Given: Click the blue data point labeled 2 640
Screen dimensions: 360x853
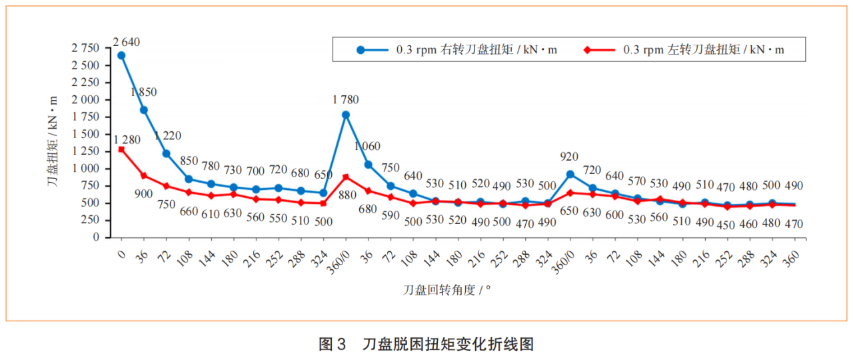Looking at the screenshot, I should tap(121, 55).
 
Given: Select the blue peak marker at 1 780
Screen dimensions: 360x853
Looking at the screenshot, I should tap(345, 115).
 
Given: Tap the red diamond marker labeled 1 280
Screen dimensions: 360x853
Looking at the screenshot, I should tap(121, 149).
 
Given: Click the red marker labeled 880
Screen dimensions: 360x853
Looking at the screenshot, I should tap(345, 177).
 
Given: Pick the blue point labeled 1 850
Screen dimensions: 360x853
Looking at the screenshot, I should tap(143, 110).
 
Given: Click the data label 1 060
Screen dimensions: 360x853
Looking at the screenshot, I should tap(367, 146).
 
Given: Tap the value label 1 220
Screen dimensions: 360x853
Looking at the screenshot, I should tap(167, 136).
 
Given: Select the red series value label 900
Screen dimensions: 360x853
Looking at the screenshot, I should tap(143, 193).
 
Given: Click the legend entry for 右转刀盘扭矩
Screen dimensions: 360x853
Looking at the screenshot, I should tap(458, 50).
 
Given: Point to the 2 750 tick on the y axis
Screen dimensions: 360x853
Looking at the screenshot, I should tap(85, 48).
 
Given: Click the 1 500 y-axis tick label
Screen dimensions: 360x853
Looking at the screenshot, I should tap(85, 134).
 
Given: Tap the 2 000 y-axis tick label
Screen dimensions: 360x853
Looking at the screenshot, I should tap(85, 99).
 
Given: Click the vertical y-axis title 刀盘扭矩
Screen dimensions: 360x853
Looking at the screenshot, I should tap(53, 140).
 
